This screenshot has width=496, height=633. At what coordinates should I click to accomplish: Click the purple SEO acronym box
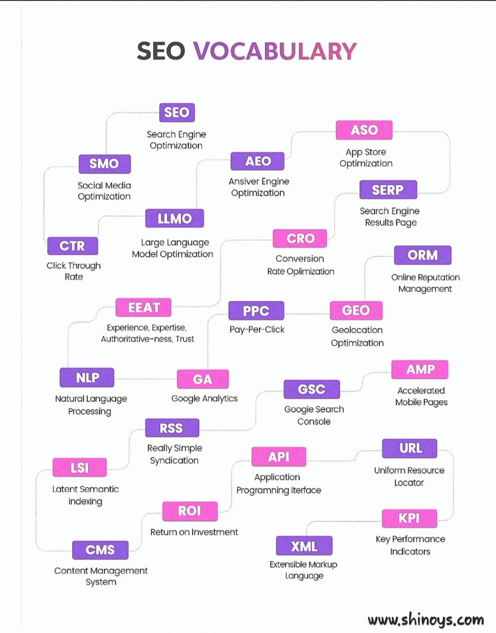[177, 112]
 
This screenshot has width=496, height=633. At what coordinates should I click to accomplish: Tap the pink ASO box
[364, 130]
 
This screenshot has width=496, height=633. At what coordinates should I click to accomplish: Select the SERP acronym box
[388, 190]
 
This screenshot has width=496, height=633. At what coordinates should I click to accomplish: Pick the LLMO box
[174, 218]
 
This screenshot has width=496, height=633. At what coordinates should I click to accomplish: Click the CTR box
[73, 246]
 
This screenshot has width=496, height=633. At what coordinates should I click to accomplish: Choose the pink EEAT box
[143, 308]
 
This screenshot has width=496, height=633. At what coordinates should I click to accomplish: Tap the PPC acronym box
[256, 311]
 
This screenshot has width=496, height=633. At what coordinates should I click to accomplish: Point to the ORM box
[423, 255]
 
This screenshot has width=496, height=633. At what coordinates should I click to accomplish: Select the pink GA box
[202, 379]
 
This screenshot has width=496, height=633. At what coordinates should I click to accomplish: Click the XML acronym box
[304, 545]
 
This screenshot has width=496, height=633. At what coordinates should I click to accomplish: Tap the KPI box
[409, 519]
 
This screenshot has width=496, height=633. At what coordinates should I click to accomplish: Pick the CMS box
[100, 550]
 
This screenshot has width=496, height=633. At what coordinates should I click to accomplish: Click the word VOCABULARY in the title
[275, 51]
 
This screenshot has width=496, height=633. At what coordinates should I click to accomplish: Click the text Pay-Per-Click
[257, 330]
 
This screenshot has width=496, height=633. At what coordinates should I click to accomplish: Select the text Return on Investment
[194, 532]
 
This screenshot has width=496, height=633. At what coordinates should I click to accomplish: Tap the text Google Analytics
[205, 398]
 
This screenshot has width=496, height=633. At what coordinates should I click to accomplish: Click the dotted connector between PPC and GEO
[307, 314]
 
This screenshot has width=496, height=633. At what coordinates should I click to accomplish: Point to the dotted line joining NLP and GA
[145, 379]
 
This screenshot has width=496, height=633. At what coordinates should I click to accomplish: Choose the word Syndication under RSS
[174, 461]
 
